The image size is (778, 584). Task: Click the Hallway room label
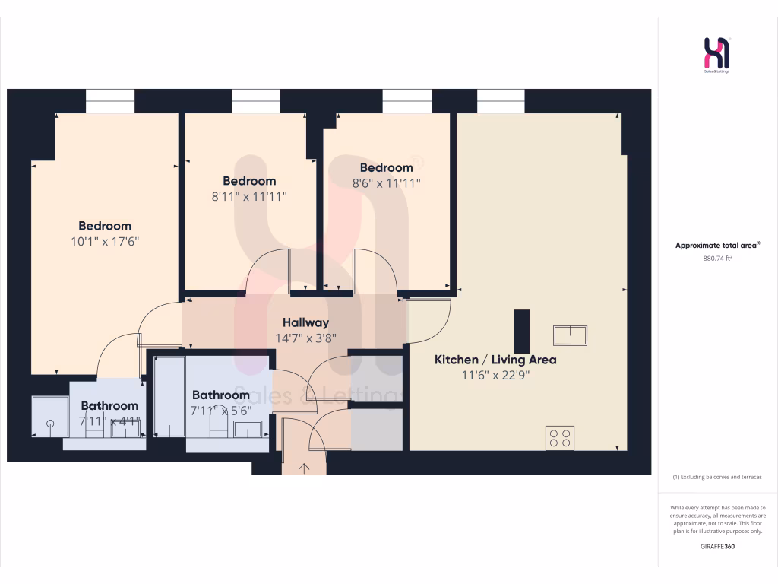[x=305, y=322]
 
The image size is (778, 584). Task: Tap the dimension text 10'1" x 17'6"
[x=105, y=241]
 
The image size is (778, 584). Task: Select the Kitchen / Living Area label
[x=495, y=360]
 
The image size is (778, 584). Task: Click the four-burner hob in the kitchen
[x=560, y=437]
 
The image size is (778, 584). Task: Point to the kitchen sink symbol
[x=570, y=335]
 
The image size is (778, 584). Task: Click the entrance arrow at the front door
[x=304, y=468]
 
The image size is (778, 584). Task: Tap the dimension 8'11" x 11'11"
[x=249, y=196]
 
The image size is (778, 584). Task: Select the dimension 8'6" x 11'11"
[x=387, y=182]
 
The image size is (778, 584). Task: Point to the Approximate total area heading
[x=717, y=245]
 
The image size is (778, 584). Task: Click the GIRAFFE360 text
[x=717, y=546]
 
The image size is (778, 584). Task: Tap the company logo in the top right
[x=717, y=55]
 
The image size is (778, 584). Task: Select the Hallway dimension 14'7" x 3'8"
[x=305, y=338]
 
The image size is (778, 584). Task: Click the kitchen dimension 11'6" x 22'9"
[x=495, y=375]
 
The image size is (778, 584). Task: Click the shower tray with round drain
[x=50, y=417]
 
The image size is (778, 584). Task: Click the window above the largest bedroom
[x=109, y=100]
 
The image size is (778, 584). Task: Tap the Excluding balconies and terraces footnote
[x=717, y=477]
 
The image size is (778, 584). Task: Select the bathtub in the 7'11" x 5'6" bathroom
[x=169, y=397]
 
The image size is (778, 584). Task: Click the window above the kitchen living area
[x=501, y=100]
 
